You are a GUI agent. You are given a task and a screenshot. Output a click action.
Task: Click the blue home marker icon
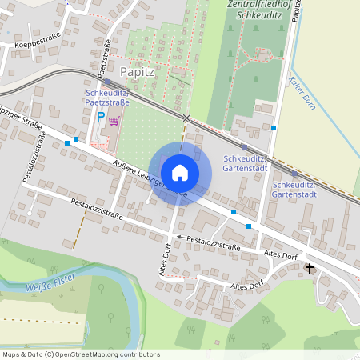(x=180, y=173)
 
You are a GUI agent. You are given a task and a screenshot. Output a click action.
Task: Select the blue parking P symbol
(x=101, y=116)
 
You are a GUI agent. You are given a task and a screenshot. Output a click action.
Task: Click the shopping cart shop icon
(x=114, y=121)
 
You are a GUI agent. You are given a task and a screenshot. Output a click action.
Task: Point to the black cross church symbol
(x=310, y=269)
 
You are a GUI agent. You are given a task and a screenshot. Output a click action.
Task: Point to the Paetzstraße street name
(x=105, y=60)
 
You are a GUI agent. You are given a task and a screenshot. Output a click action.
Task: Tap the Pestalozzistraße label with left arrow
(x=210, y=243)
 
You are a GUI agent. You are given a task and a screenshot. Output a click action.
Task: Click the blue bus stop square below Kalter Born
(x=274, y=127)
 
